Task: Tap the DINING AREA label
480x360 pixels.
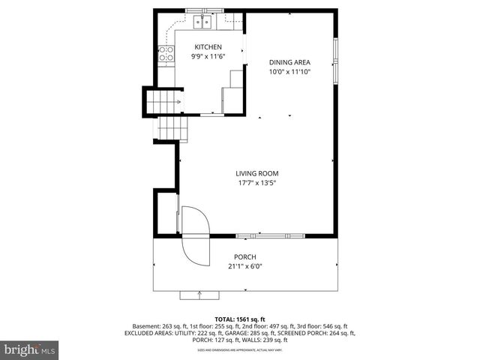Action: click(289, 62)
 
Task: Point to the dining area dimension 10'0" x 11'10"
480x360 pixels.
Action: click(289, 72)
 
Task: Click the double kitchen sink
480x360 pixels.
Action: click(202, 22)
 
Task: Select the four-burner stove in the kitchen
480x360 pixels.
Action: click(165, 55)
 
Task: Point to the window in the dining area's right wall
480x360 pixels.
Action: click(336, 67)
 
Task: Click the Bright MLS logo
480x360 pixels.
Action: click(30, 349)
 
